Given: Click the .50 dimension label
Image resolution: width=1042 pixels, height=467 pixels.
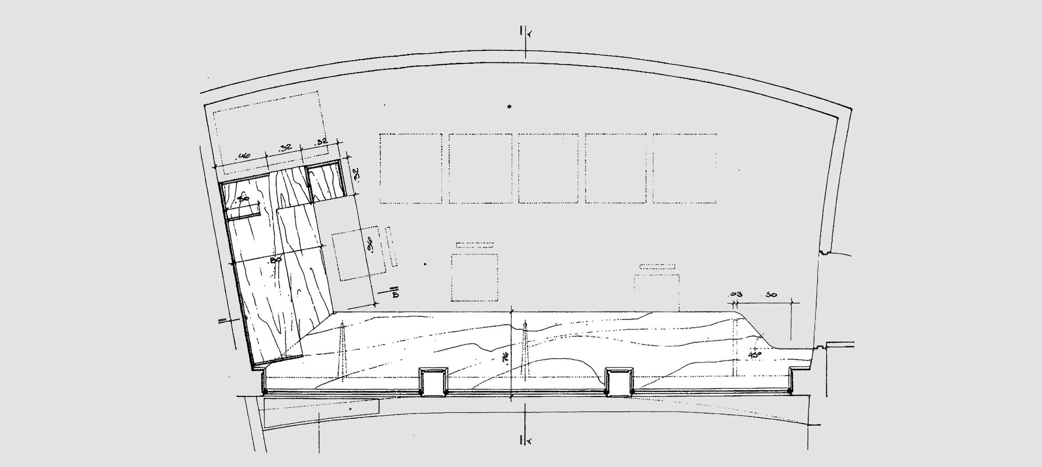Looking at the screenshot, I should tap(771, 295).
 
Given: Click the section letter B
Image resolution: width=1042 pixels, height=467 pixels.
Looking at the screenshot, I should tap(395, 295).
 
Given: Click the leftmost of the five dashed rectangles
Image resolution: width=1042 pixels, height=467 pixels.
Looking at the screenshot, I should tap(411, 168).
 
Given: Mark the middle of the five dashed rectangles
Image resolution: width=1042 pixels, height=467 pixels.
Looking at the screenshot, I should tap(548, 168).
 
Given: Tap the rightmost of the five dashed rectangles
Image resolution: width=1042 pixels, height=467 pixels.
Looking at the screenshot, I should tap(684, 168).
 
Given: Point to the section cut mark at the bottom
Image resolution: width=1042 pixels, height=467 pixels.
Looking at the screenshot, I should tap(524, 440).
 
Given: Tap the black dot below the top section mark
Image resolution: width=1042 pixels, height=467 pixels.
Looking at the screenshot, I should tap(510, 107).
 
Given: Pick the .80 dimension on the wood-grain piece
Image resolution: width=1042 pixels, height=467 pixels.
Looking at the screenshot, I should tap(276, 260).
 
